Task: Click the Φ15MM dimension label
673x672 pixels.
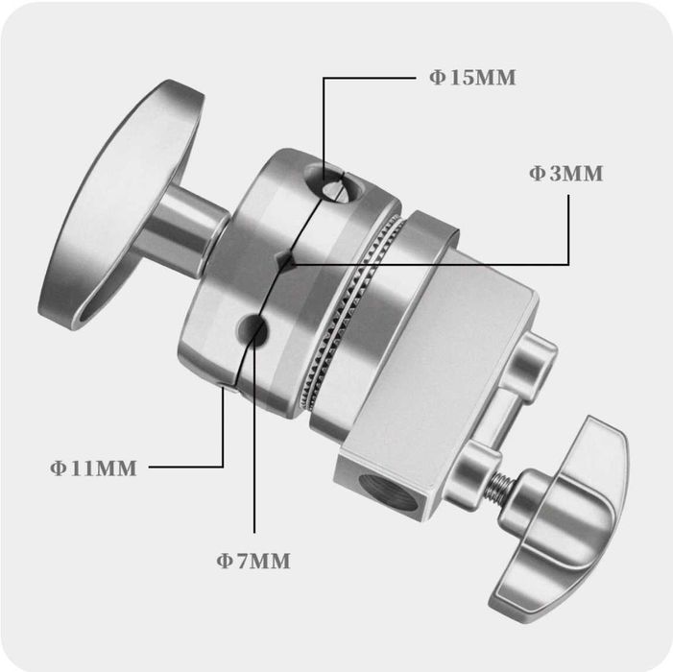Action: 472,78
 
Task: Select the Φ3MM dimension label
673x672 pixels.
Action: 565,174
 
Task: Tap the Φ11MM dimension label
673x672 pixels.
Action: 93,468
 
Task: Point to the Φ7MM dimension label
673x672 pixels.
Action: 253,561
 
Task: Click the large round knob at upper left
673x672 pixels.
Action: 122,204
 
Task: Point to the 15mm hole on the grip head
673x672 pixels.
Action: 332,185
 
